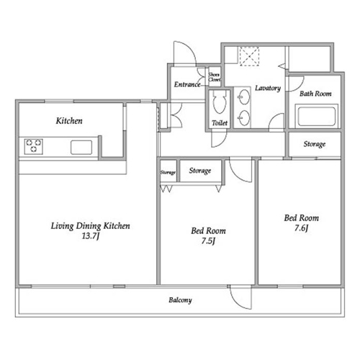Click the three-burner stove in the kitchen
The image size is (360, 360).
pos(34,146)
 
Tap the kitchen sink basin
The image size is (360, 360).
pos(81,148)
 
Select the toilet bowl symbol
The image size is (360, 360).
pos(220,102)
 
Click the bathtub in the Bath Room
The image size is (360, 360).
pos(317,116)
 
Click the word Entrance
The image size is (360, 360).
pos(187,84)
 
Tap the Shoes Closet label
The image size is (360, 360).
pos(215,77)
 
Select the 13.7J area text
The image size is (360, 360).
pos(91,236)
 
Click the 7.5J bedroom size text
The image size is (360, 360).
pos(208,241)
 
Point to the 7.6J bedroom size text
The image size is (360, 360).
pos(302,228)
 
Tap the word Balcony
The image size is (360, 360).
pos(180,300)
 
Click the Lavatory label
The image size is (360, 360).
pos(268,88)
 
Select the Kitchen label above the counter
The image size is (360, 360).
pos(69,121)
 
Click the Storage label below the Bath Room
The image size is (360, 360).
pos(315,144)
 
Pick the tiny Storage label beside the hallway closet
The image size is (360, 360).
pos(168,172)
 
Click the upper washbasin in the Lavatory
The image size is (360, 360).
pos(244,97)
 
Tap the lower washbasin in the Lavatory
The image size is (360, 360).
pos(244,117)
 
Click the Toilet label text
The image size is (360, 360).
pos(220,123)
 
